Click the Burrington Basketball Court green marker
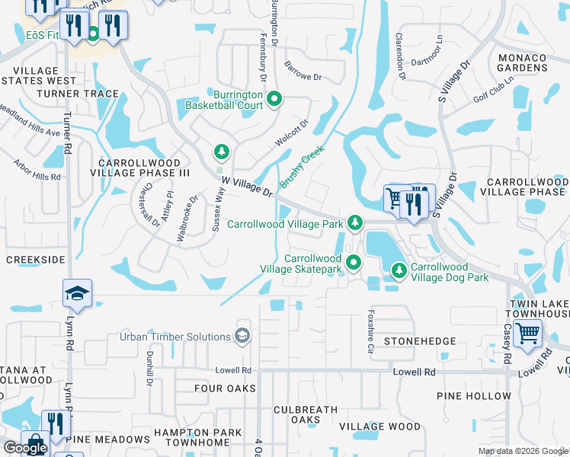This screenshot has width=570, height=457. point(275,98)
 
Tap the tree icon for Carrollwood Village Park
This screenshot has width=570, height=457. point(354,223)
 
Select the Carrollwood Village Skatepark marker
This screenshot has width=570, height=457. point(354,263)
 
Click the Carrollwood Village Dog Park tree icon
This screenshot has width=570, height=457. point(399,270)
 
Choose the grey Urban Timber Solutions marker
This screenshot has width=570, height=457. point(242,336)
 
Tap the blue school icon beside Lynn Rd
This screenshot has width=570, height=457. point(77,292)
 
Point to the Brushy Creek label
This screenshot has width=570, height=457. point(302,167)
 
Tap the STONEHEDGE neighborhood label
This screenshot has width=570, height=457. point(420,341)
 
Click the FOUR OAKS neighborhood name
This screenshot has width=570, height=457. point(219,388)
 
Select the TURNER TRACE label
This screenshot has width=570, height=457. point(80,94)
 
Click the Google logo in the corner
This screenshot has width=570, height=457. point(25,448)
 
